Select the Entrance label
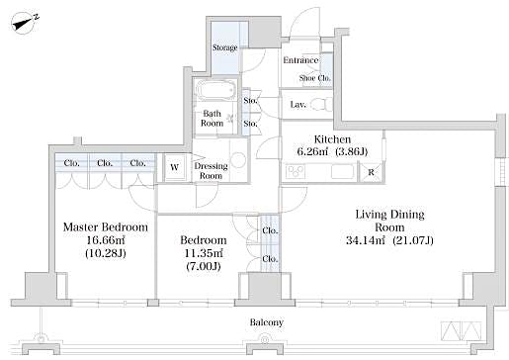299,60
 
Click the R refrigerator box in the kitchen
370,173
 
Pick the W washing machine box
174,167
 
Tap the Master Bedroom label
105,227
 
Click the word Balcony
266,322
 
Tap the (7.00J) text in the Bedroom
203,267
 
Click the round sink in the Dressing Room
237,160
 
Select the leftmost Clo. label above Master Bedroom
72,163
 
